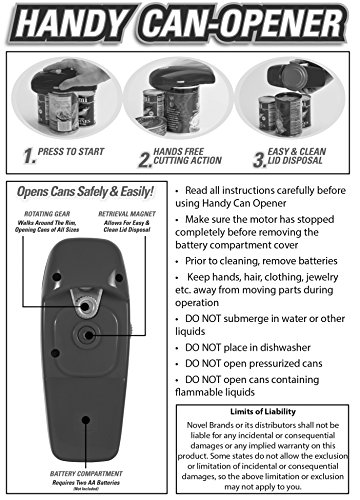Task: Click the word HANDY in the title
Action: click(x=73, y=23)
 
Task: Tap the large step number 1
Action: click(x=29, y=156)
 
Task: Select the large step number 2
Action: click(x=145, y=160)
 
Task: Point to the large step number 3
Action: click(x=260, y=160)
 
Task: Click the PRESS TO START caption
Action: click(x=71, y=152)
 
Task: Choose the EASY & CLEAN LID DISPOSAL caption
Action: click(x=297, y=156)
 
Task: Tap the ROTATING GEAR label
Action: click(x=47, y=214)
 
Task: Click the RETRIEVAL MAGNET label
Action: click(x=127, y=214)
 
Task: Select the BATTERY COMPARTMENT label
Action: click(x=86, y=474)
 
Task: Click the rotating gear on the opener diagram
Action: click(x=86, y=306)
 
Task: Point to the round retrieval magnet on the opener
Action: click(x=88, y=335)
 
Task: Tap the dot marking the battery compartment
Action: click(x=86, y=420)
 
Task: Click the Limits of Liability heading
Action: click(x=263, y=412)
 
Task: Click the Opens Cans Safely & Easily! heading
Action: click(x=85, y=192)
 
